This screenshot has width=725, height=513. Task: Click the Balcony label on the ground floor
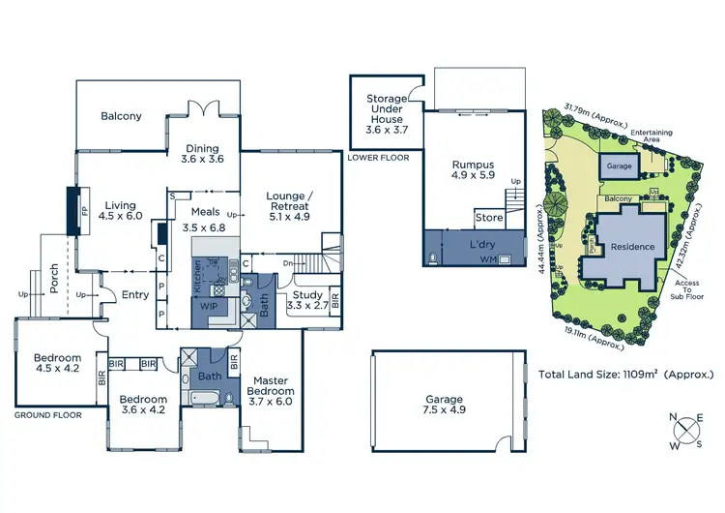click(121, 116)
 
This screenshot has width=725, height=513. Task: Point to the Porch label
click(55, 281)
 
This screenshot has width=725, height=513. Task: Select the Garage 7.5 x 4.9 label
click(444, 405)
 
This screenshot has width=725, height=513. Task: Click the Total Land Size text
click(625, 373)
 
